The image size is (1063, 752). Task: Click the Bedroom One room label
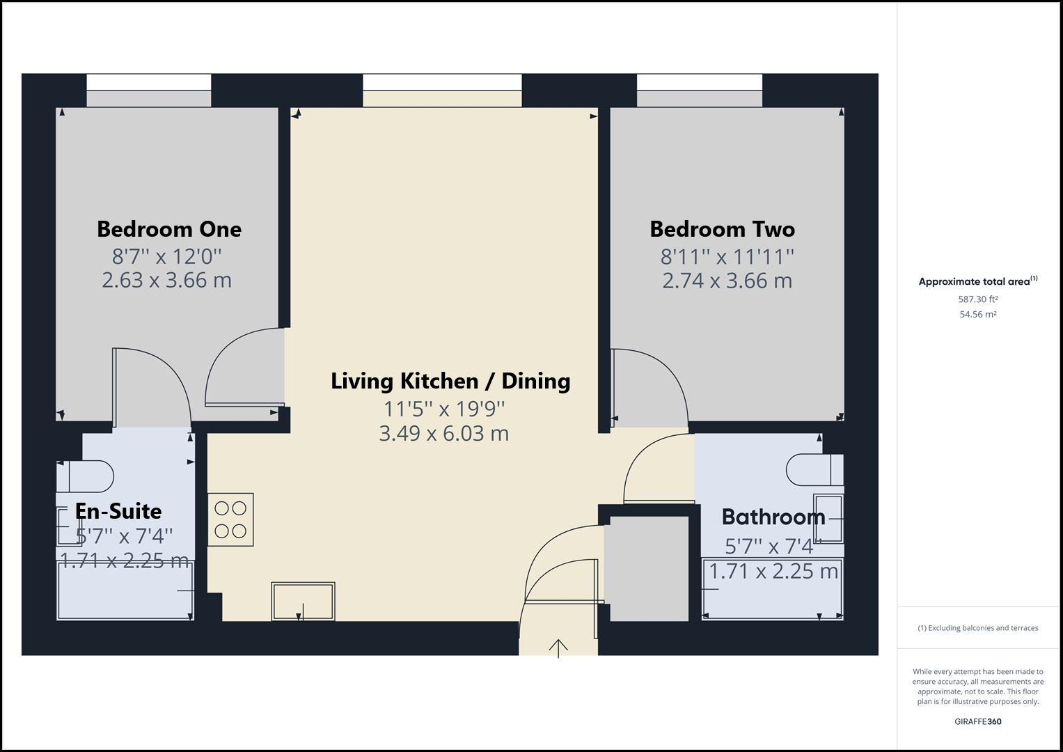click(168, 229)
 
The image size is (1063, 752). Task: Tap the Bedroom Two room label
click(722, 229)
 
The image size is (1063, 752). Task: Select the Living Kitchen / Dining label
click(450, 381)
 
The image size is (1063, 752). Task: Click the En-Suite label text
click(118, 511)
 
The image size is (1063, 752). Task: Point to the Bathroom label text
click(773, 517)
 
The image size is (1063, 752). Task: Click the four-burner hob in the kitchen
click(230, 519)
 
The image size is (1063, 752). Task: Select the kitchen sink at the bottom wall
click(303, 602)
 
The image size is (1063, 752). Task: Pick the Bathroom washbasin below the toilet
click(828, 519)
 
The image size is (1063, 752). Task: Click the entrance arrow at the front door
click(558, 648)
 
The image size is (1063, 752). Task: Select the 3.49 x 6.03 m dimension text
click(443, 433)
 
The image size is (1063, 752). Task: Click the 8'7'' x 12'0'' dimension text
click(167, 256)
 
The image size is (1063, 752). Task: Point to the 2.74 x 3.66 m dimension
click(727, 281)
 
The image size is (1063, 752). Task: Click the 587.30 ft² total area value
click(977, 299)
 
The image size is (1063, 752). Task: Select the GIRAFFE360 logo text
click(977, 721)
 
